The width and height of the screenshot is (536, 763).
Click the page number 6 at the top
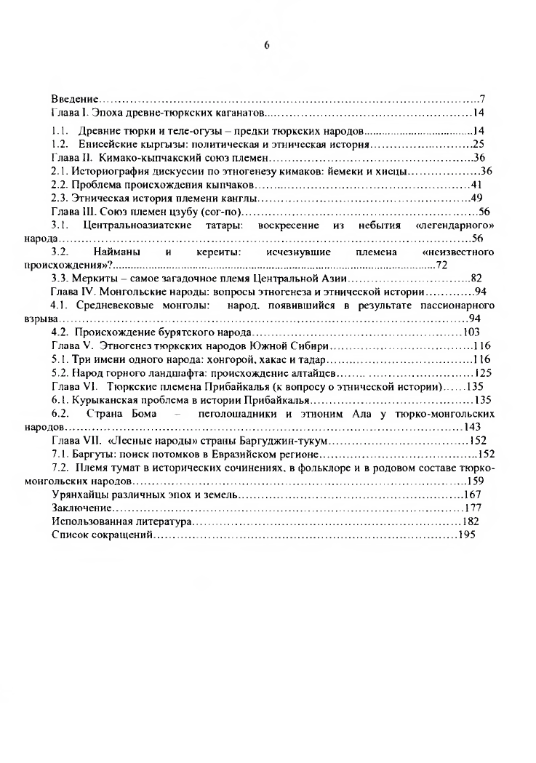(267, 44)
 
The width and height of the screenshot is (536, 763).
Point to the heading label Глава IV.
(72, 292)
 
